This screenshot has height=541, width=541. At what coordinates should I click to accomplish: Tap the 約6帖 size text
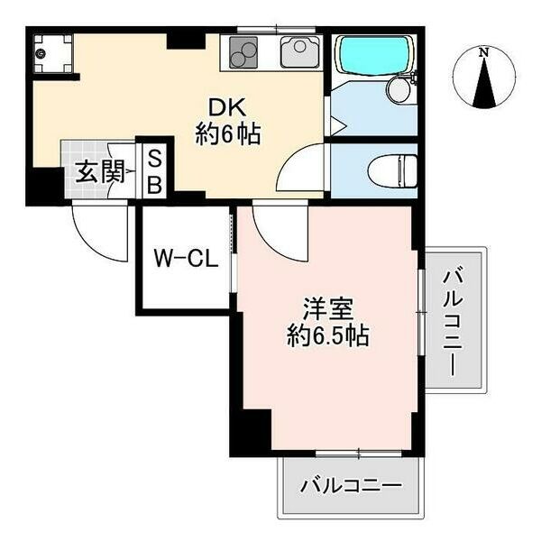228,135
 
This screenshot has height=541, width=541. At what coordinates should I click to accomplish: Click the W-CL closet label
184,261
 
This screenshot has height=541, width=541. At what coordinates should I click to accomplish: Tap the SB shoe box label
154,171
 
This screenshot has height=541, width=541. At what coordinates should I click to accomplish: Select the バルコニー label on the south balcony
353,485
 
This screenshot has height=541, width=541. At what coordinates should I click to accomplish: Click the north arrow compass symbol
485,81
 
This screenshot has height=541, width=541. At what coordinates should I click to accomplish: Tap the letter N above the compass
485,51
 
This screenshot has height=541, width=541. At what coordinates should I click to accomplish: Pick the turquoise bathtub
371,60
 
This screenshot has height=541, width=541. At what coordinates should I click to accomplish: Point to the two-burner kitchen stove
245,54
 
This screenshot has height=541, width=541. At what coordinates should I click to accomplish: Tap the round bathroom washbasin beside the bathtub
399,89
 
